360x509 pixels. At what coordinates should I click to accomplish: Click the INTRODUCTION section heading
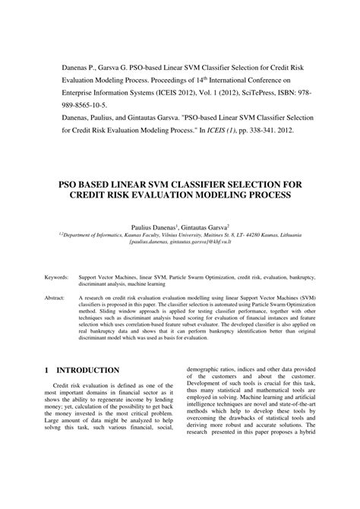click(93, 370)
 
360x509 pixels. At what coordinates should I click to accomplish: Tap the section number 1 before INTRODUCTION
click(46, 370)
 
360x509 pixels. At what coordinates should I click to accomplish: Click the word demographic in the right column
click(206, 367)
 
